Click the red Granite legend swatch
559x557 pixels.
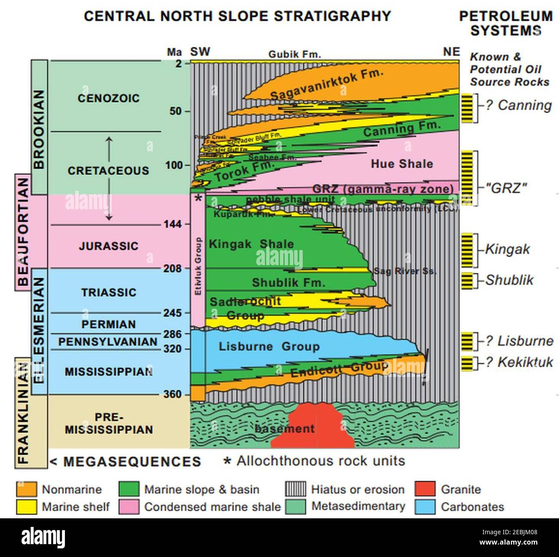pyautogui.click(x=425, y=489)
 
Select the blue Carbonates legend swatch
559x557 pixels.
pyautogui.click(x=425, y=506)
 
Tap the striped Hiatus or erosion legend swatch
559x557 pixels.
pyautogui.click(x=295, y=489)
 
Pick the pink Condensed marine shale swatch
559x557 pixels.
pyautogui.click(x=128, y=506)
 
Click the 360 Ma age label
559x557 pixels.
pyautogui.click(x=173, y=395)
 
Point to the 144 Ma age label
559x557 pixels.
pyautogui.click(x=173, y=224)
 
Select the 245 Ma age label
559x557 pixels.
pyautogui.click(x=173, y=313)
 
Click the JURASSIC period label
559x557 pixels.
pyautogui.click(x=108, y=246)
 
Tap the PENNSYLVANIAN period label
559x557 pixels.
pyautogui.click(x=108, y=342)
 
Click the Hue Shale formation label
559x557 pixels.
pyautogui.click(x=402, y=163)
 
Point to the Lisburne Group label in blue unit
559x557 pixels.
pyautogui.click(x=269, y=346)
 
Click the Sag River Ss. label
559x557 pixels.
pyautogui.click(x=405, y=271)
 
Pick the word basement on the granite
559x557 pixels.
pyautogui.click(x=284, y=428)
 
